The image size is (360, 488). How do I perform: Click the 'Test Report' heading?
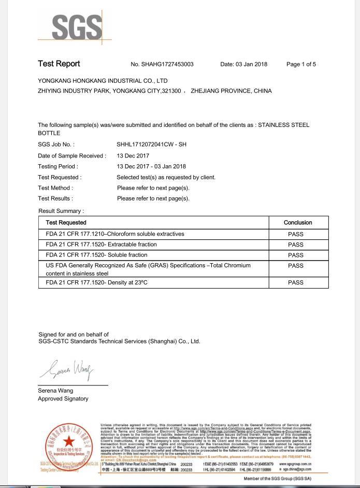point(59,64)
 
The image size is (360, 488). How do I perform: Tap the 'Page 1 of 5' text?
point(301,64)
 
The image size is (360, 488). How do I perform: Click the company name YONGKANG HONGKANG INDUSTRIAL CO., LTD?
point(103,81)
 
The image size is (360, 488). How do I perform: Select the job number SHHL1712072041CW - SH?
point(151,145)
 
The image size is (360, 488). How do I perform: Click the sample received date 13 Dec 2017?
point(133,155)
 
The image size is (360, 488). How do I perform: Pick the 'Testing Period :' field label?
point(58,166)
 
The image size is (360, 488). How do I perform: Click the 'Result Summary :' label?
point(61,211)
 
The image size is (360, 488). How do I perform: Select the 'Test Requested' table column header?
point(66,222)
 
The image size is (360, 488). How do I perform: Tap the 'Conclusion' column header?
point(298,222)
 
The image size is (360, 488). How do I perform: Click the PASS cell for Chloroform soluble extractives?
point(296,234)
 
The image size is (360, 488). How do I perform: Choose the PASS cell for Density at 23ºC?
point(296,283)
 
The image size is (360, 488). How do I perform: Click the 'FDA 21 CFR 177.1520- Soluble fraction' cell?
point(96,255)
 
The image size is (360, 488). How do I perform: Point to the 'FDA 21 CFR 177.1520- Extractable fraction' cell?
point(101,245)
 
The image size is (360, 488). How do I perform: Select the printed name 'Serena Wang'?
point(55,390)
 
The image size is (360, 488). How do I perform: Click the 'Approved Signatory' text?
point(63,398)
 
